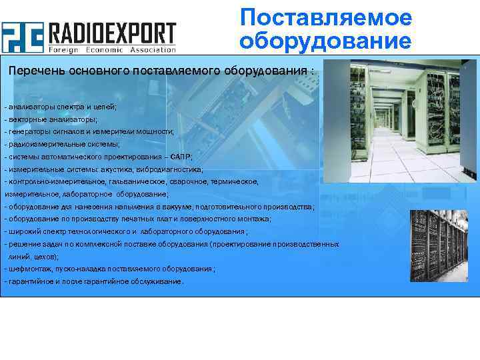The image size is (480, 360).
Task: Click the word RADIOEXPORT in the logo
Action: point(111,33)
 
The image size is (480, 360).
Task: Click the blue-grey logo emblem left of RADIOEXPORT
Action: point(22,37)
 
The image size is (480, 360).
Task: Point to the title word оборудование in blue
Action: point(326,41)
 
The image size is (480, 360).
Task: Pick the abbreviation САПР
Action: point(180,157)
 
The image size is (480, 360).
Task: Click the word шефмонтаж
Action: point(27,269)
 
